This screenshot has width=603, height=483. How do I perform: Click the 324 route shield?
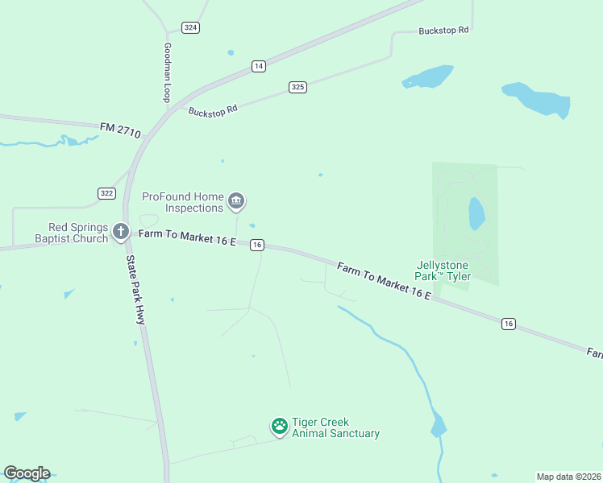190,27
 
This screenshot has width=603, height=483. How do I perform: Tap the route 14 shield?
258,66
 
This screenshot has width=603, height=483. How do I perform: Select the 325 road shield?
298,87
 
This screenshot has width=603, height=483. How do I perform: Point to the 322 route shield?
106,193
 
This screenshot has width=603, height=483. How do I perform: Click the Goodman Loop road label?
168,72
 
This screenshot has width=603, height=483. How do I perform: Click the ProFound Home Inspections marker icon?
236,201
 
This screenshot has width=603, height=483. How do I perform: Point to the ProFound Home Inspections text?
182,202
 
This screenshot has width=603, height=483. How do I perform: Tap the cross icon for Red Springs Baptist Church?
121,233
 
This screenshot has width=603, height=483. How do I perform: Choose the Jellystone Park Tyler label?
443,270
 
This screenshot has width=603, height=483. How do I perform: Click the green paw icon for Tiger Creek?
280,427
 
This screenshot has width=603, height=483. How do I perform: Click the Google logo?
27,473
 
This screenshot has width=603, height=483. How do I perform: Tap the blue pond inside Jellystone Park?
476,213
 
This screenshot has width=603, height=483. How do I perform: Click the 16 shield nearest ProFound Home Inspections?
257,245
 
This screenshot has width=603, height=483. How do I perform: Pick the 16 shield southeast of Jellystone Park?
508,324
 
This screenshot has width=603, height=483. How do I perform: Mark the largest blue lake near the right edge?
539,100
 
